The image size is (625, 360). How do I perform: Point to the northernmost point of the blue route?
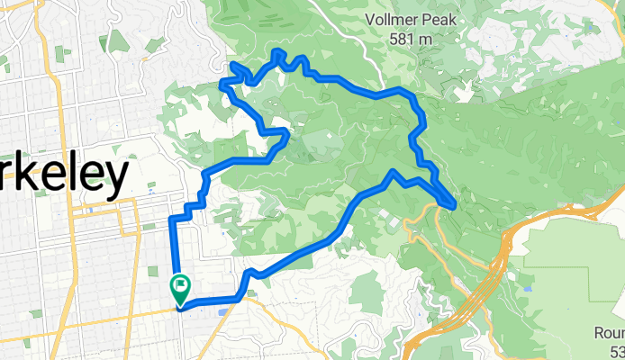(277, 54)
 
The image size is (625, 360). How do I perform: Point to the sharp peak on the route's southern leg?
(394, 171)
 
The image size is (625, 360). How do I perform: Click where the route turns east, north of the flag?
(171, 219)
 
